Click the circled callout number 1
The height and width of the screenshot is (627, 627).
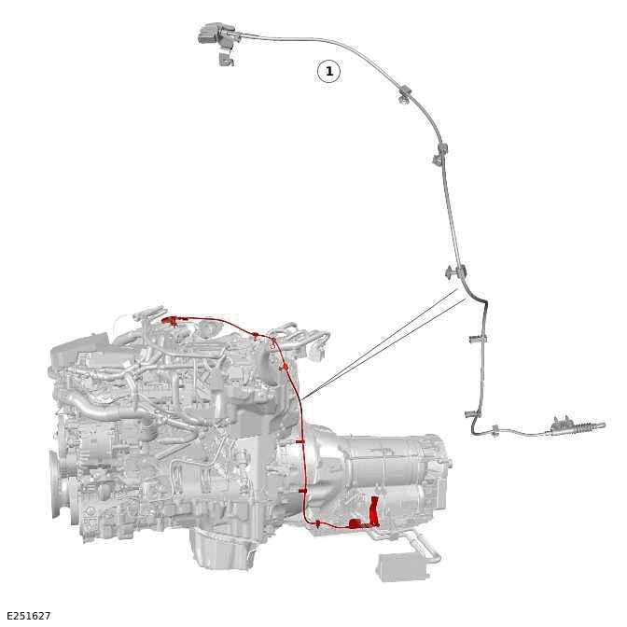(328, 72)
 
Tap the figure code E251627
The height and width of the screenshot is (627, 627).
(29, 616)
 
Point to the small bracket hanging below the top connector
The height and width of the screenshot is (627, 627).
(227, 59)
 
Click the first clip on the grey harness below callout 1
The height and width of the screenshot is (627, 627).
(405, 94)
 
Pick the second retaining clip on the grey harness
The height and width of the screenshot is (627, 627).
(439, 154)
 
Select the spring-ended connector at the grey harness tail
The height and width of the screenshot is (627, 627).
(576, 425)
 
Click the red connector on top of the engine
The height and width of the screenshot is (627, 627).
(171, 320)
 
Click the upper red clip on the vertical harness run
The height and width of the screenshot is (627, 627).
(300, 442)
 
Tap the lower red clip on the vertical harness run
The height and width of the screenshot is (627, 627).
(302, 490)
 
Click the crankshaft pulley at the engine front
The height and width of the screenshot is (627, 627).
(58, 484)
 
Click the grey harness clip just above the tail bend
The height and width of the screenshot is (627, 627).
(472, 414)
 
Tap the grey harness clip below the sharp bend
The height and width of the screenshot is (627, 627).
(477, 340)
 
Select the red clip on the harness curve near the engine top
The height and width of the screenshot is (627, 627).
(286, 368)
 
